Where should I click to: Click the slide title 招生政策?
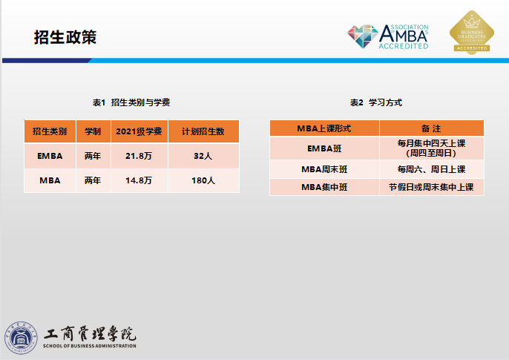click(65, 37)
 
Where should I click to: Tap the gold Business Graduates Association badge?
click(472, 32)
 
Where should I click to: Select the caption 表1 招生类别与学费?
click(131, 102)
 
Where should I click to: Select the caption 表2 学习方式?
click(376, 102)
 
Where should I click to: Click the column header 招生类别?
click(50, 131)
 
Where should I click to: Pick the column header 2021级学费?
click(139, 131)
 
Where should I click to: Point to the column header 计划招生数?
click(203, 131)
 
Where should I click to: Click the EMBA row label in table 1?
click(50, 156)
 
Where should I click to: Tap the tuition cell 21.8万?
click(139, 156)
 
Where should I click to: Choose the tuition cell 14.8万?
click(139, 180)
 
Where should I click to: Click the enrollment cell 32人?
click(203, 156)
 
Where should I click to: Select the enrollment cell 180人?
click(203, 180)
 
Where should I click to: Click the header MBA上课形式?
click(324, 128)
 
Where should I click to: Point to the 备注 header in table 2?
click(431, 128)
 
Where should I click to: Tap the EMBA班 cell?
click(324, 148)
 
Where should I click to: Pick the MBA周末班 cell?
click(324, 169)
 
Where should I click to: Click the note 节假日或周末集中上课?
click(431, 187)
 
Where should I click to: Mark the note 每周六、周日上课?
click(431, 169)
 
